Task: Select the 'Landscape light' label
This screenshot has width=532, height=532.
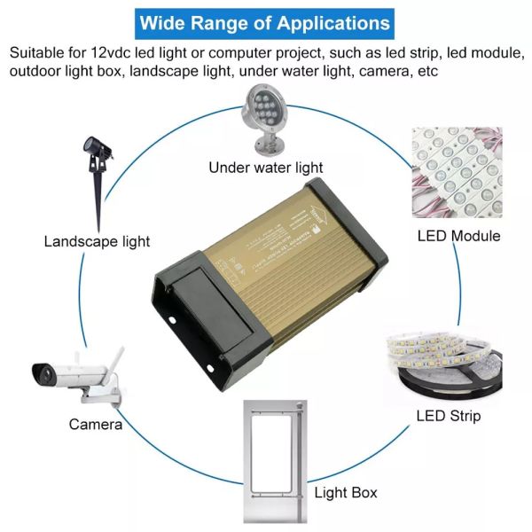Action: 97,240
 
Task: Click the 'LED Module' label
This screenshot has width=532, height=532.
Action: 458,236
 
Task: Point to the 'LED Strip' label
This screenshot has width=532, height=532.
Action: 448,416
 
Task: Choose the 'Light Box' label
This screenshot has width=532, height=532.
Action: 345,492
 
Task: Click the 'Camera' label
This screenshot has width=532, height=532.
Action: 95,424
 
